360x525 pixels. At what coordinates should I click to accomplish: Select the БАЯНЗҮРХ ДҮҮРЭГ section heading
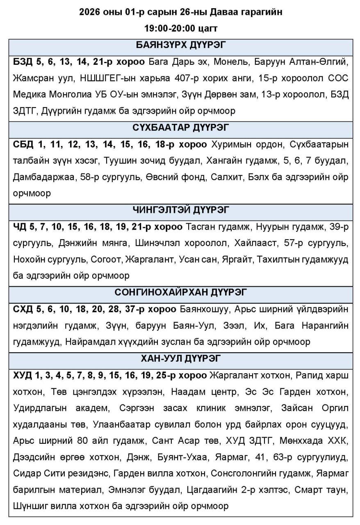pos(181,45)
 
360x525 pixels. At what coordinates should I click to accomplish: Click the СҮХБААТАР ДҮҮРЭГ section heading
pos(181,128)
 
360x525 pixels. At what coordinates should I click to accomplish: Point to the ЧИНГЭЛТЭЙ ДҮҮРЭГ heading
pos(181,210)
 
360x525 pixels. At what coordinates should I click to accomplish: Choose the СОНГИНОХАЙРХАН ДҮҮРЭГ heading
pos(181,292)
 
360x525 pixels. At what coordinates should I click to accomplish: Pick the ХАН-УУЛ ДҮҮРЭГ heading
pos(181,358)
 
